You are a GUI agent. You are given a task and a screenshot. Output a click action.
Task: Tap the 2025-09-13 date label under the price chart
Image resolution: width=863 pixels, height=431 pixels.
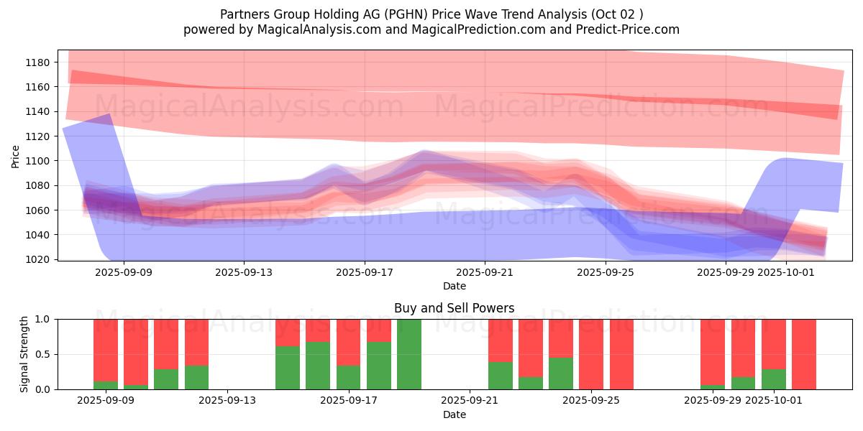tap(244, 272)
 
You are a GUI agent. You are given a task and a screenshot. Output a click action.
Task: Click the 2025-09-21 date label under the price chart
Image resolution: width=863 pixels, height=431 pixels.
tap(485, 272)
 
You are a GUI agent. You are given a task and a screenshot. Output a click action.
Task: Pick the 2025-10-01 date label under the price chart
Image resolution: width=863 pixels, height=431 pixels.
tap(787, 272)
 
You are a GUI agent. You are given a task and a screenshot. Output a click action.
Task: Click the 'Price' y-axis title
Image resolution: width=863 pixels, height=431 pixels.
tap(16, 156)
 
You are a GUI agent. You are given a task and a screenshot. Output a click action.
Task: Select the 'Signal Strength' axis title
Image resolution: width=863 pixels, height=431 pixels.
tap(25, 354)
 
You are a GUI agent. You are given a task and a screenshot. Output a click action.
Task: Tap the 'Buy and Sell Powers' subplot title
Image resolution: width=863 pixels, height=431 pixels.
tap(454, 308)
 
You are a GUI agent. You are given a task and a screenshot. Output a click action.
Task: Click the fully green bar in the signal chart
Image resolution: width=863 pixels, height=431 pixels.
tap(409, 354)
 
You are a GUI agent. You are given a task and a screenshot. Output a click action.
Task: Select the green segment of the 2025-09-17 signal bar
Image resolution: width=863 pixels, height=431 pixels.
tap(348, 377)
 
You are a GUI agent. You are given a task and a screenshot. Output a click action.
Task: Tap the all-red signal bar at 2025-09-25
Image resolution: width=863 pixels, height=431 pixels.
tap(591, 354)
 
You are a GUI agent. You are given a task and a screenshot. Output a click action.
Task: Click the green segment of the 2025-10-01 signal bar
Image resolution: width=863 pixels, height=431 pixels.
tap(774, 379)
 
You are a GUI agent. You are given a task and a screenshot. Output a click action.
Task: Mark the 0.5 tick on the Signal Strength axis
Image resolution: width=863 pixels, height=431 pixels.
tap(45, 354)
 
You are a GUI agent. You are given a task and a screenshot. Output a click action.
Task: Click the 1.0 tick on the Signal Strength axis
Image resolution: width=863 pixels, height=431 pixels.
tap(45, 319)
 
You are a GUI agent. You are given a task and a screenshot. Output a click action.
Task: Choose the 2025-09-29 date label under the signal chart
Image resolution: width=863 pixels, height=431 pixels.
tap(712, 401)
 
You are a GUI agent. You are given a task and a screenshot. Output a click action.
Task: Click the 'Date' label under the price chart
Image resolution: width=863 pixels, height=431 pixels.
tap(454, 286)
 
